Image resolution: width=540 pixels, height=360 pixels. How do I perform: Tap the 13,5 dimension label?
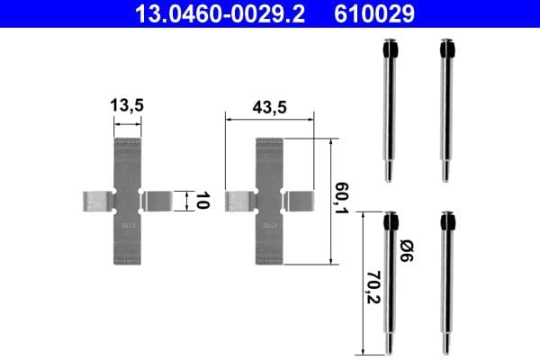[128, 105]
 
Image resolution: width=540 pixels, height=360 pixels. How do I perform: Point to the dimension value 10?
[202, 200]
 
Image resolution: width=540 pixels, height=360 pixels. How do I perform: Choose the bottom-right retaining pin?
[445, 283]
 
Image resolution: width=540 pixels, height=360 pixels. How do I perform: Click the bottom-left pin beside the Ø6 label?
[390, 283]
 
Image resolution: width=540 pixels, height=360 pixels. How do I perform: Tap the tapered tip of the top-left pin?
[389, 175]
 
